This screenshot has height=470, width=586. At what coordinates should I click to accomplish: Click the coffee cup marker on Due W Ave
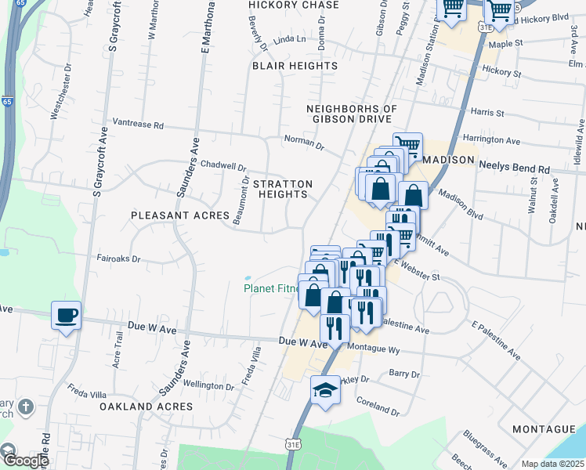tap(66, 316)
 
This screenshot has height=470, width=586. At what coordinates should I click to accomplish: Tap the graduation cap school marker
tap(324, 389)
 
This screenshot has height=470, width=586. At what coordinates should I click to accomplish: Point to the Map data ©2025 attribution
tap(553, 464)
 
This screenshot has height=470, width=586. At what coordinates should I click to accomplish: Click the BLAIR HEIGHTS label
tap(295, 67)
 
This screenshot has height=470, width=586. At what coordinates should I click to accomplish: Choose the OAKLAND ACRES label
tap(146, 407)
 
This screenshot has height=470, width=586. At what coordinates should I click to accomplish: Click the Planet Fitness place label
tap(271, 288)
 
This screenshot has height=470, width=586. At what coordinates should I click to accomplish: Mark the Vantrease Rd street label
tap(138, 124)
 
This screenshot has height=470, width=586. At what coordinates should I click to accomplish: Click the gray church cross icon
tap(26, 407)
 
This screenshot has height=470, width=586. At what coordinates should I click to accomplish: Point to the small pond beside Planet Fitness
tap(248, 277)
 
